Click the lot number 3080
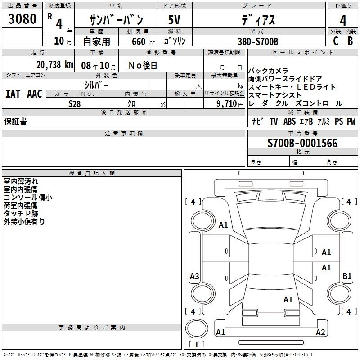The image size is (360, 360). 22,18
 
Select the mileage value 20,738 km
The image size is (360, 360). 54,65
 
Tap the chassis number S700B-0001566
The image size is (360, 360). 302,143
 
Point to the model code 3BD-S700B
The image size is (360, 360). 258,41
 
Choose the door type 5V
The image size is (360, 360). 174,20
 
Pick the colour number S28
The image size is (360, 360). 74,104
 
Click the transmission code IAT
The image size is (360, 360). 13,94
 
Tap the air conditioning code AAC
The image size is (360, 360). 35,94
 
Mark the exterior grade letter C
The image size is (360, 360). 336,41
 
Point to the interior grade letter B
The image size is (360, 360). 350,41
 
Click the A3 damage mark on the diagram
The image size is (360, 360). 194,276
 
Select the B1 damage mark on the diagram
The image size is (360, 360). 347,276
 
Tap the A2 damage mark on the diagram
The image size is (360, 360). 320,332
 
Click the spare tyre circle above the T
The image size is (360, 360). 197,328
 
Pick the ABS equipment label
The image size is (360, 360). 289,121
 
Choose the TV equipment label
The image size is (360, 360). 274,121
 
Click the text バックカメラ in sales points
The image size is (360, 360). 268,71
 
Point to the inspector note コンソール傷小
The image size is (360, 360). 28,198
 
